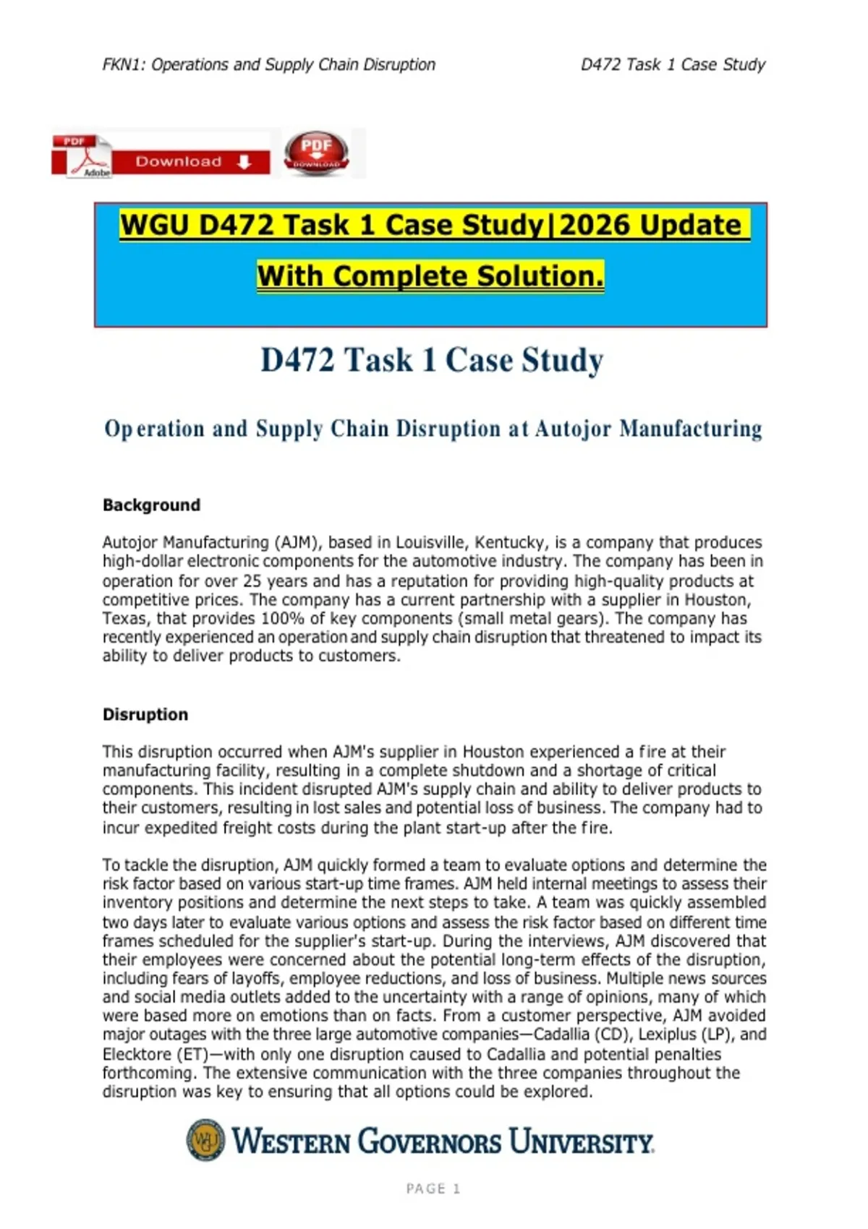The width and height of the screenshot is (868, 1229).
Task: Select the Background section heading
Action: pyautogui.click(x=151, y=505)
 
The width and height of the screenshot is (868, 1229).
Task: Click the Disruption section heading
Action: pyautogui.click(x=145, y=714)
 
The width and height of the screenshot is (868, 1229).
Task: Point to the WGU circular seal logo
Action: pyautogui.click(x=205, y=1140)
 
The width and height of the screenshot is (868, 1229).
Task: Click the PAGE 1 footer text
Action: pyautogui.click(x=433, y=1189)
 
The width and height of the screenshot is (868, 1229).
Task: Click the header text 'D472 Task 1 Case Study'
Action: pyautogui.click(x=673, y=64)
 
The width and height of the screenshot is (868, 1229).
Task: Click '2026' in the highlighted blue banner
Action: pyautogui.click(x=595, y=225)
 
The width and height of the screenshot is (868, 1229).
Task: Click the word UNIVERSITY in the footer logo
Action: pyautogui.click(x=581, y=1142)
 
